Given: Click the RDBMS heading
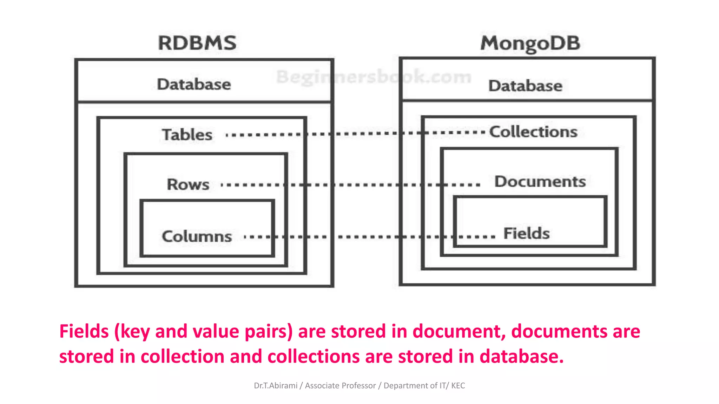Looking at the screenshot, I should pos(197,43).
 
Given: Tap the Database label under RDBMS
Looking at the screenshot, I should pos(194,85).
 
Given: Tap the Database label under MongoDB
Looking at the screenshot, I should pos(525,86).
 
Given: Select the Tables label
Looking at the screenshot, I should pos(187,135).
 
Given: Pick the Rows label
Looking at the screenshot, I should pos(188,184).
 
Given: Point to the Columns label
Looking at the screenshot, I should pos(197,236).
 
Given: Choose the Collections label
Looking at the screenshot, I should pos(533,132).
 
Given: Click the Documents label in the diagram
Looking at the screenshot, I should pos(540,182).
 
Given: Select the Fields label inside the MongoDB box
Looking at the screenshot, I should pos(527,234).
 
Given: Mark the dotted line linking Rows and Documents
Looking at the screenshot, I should pos(351,184).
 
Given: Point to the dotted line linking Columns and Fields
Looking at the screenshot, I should pos(369,237).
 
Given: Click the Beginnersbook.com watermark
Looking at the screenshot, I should pos(374,77).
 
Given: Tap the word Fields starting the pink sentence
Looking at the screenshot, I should pos(84,331).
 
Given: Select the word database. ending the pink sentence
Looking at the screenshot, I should pos(522,357).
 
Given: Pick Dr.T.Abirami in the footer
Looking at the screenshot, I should pos(276,386).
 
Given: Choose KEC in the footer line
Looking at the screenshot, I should pos(458,386).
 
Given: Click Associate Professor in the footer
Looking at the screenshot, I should pos(340,386).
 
